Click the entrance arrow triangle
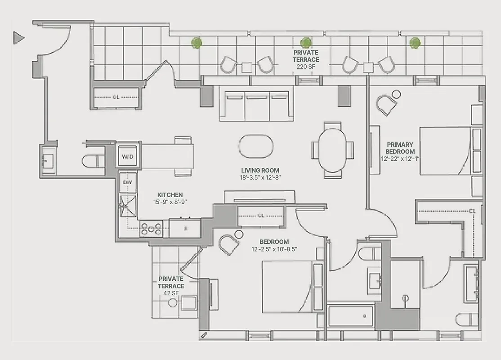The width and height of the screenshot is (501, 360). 18,38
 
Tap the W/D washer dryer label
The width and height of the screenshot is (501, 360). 128,157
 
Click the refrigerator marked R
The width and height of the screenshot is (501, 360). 185,228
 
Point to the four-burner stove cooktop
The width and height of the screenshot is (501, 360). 151,229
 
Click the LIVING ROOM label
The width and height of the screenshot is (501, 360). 260,171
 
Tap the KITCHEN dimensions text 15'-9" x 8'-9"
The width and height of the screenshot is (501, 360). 170,202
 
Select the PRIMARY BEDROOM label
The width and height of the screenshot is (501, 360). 399,148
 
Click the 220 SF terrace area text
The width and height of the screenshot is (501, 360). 306,67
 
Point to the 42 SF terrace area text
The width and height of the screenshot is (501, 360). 171,293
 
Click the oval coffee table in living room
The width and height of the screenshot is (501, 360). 255,147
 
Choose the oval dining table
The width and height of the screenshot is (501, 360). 333,150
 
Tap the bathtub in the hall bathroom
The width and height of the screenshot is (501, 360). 351,316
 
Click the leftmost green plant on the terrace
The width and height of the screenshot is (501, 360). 196,43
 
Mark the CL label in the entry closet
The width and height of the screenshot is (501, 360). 116,97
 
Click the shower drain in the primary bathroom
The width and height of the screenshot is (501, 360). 405,298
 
